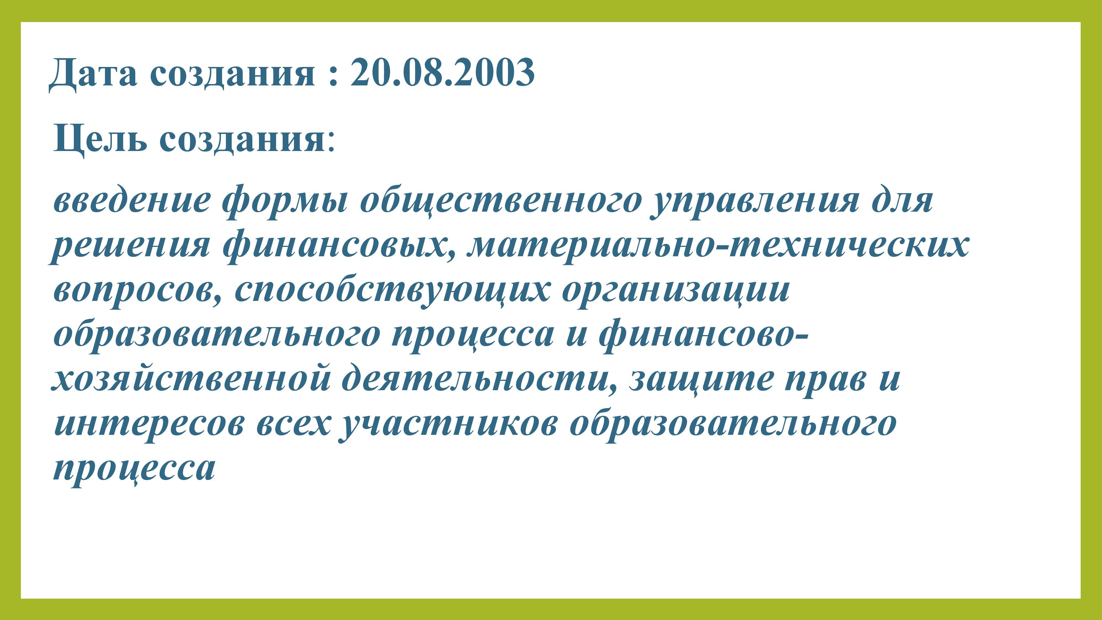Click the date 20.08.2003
click(x=443, y=72)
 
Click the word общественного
click(x=500, y=201)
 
